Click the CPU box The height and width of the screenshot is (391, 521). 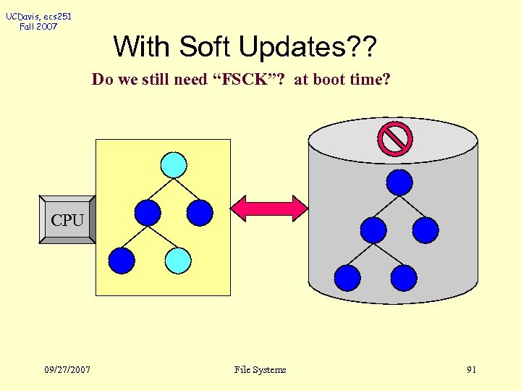pos(67,219)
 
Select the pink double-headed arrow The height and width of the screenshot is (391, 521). pos(268,209)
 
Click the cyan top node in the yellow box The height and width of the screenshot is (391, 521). pos(174,164)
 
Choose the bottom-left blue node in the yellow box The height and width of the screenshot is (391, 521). pos(122,260)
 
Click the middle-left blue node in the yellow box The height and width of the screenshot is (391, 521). pos(148,213)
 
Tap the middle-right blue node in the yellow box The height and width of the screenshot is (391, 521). pos(200,213)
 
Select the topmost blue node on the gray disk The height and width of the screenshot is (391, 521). pos(399,182)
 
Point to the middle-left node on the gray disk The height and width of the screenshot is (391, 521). pos(373,230)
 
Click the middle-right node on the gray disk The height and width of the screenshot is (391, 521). pos(425,230)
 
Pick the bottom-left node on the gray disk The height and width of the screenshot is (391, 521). pos(347,277)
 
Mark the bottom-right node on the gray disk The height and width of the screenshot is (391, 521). pos(404,277)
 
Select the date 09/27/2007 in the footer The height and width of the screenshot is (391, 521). pos(67,369)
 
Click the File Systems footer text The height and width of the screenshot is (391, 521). pos(260,369)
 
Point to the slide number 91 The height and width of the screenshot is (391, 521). pos(471,369)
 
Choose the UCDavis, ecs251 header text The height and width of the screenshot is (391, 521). pos(40,16)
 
